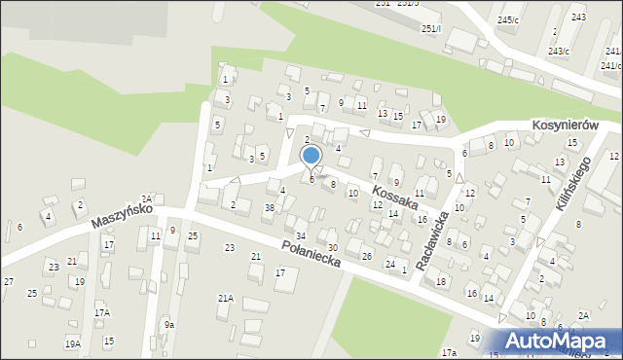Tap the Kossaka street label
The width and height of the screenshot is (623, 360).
click(394, 193)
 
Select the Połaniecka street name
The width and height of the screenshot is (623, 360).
click(311, 255)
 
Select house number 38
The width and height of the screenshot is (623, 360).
click(270, 208)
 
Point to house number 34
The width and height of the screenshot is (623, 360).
click(302, 236)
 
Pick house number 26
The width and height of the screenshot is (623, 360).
click(367, 256)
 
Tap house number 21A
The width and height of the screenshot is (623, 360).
click(225, 299)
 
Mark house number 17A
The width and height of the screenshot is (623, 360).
click(102, 313)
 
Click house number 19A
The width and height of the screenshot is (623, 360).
click(73, 343)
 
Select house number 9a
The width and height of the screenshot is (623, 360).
click(168, 324)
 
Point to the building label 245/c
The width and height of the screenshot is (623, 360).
click(507, 20)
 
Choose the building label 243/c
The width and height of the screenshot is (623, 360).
click(560, 51)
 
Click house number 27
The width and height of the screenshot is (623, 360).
click(8, 281)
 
